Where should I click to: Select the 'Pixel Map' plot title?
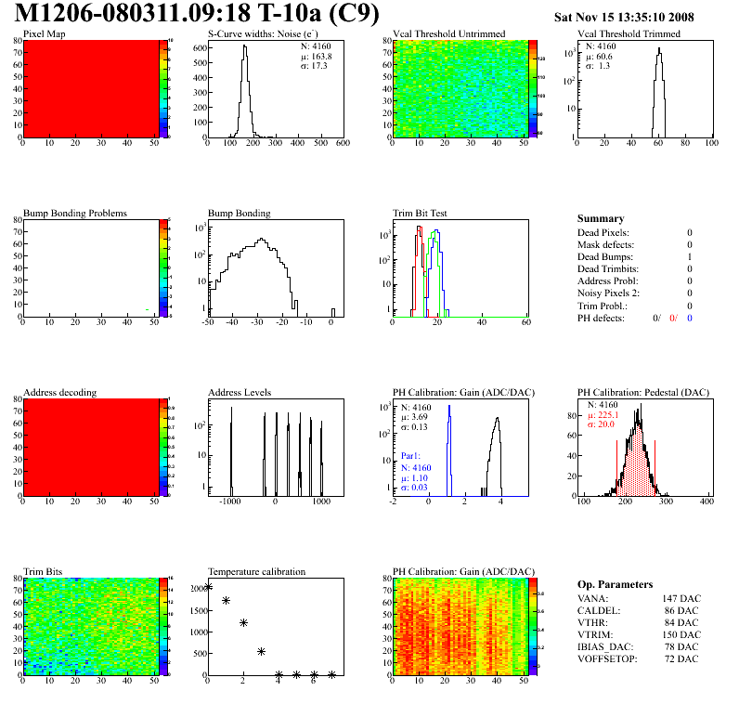(44, 34)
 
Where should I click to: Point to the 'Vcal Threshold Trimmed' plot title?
(629, 34)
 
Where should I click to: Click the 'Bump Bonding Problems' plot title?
(74, 214)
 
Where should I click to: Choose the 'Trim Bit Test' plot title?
(420, 214)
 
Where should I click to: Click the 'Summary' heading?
(601, 218)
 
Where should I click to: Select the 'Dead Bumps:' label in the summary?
(604, 257)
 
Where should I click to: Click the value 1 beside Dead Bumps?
(690, 257)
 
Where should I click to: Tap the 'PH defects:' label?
(603, 318)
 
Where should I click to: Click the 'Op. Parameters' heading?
(615, 584)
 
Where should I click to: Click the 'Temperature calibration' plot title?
(256, 572)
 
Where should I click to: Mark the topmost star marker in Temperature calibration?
(208, 586)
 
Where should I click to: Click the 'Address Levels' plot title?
(240, 393)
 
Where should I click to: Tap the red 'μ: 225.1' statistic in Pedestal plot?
(608, 416)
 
